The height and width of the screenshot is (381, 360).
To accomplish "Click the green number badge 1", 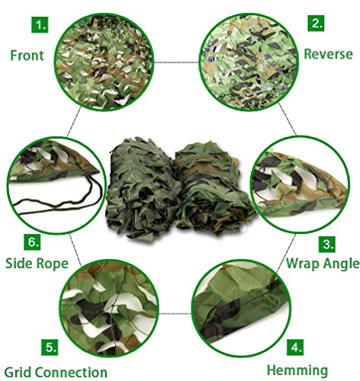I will (39, 24).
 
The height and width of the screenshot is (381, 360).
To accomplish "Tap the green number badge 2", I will (316, 24).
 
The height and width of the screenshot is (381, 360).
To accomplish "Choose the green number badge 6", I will (33, 242).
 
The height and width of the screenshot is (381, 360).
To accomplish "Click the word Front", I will (27, 55).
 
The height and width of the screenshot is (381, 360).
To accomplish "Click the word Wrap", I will (303, 264).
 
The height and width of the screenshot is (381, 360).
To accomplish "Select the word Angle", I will (340, 264).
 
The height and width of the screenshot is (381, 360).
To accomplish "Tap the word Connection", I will (76, 372).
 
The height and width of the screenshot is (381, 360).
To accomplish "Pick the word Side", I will (22, 263).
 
